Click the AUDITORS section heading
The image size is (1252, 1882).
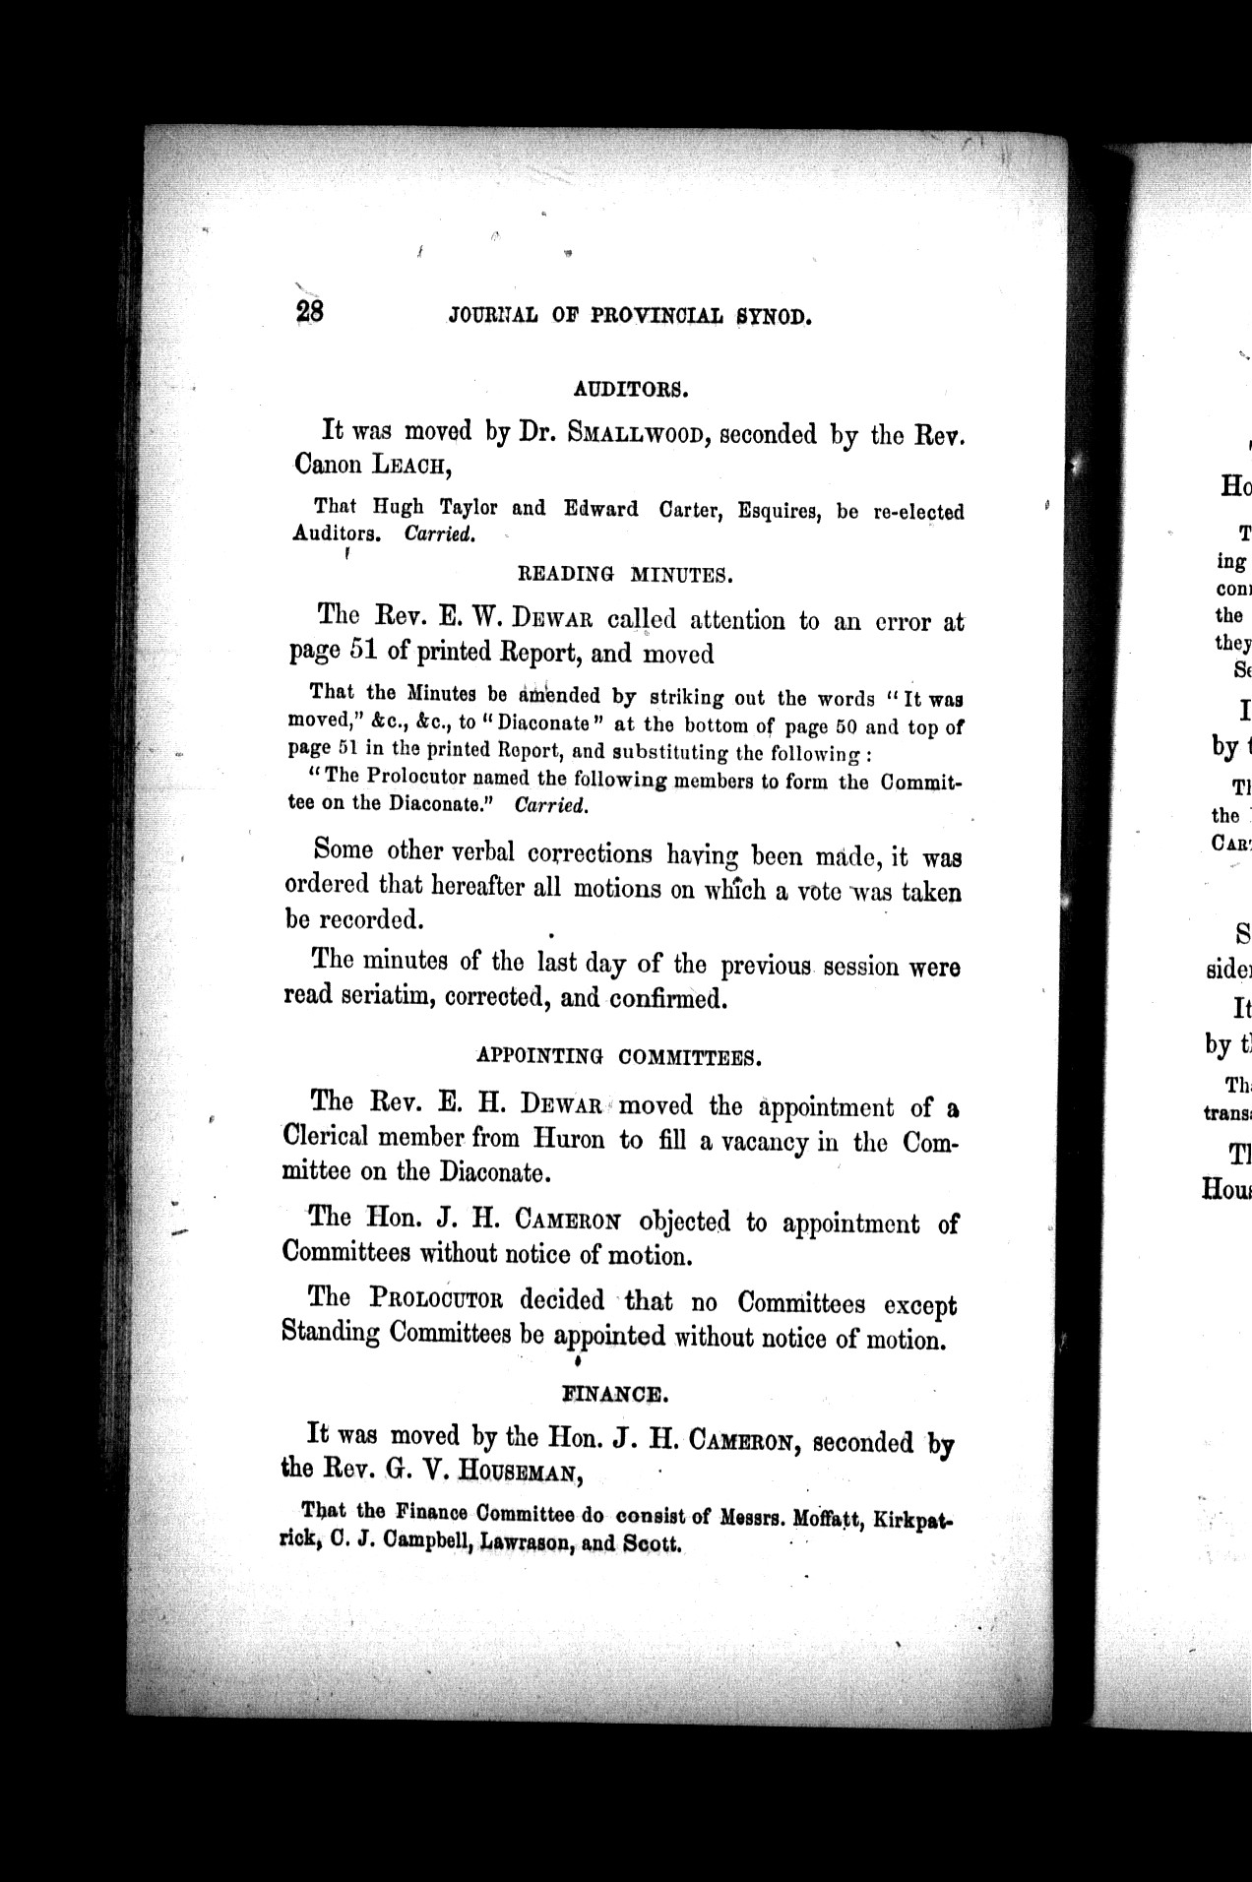[x=630, y=389]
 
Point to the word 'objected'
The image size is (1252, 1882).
[x=685, y=1223]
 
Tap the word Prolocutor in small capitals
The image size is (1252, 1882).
[x=438, y=1299]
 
